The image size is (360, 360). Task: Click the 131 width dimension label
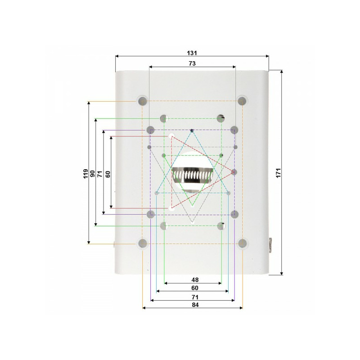tap(192, 53)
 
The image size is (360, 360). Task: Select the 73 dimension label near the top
tap(192, 63)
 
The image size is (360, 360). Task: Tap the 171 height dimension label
tap(278, 173)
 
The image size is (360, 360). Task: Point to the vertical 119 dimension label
tap(85, 174)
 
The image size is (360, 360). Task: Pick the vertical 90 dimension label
tap(93, 174)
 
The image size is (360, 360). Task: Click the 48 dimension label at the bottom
tap(195, 280)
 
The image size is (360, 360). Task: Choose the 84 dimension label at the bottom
tap(195, 305)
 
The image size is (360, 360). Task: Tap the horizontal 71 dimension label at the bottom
tap(195, 297)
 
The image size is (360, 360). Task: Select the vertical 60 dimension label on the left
tap(108, 174)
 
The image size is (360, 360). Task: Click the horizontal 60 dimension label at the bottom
tap(195, 288)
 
